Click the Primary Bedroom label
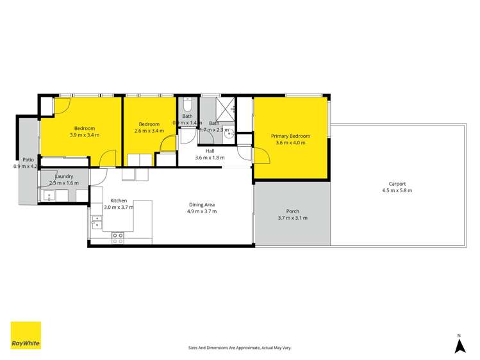coord(290,136)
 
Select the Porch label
coord(292,211)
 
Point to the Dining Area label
coord(201,204)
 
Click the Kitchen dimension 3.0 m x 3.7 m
coord(119,207)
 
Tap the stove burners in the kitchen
coord(118,238)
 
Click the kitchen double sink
coord(96,222)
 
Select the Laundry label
coord(63,176)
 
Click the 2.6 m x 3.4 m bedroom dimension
coord(149,131)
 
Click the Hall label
coord(210,151)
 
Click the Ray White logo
coord(26,335)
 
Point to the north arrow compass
coord(459,345)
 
